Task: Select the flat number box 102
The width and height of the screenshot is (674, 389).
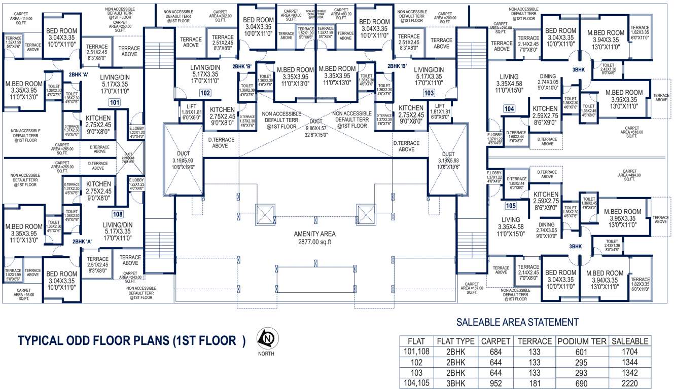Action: [x=205, y=93]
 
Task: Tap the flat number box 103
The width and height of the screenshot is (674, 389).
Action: [x=429, y=93]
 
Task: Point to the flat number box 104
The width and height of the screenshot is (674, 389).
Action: [x=509, y=109]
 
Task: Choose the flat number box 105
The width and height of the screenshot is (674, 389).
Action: [x=510, y=206]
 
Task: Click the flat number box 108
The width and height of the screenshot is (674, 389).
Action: [x=118, y=214]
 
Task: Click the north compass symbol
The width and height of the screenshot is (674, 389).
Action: [x=265, y=338]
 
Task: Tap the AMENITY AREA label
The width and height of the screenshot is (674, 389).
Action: [x=314, y=234]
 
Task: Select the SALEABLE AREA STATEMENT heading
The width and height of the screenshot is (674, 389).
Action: [x=517, y=322]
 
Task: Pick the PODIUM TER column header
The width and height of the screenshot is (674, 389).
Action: [x=582, y=341]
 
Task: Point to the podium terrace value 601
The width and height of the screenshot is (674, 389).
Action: [x=582, y=352]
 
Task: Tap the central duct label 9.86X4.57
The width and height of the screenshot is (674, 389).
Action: [x=315, y=129]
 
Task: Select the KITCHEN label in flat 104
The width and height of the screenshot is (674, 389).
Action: [x=545, y=108]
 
